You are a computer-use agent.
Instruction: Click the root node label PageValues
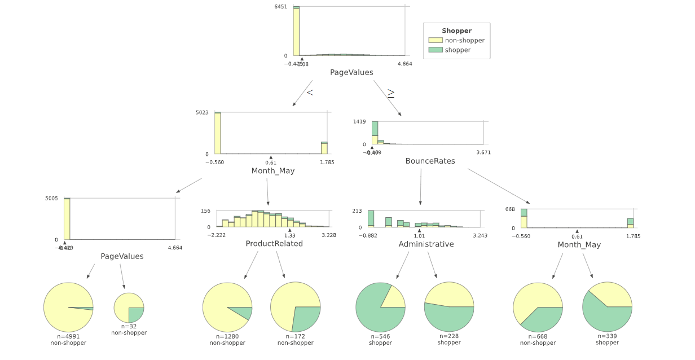351,73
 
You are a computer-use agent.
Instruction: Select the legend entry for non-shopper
464,40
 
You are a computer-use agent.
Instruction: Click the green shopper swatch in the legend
436,50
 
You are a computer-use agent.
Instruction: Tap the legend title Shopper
456,31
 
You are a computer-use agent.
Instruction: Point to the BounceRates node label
430,161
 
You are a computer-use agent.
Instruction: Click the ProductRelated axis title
274,244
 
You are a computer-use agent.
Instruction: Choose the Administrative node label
426,244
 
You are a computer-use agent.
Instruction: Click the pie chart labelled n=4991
68,307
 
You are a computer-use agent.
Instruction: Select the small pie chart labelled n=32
129,308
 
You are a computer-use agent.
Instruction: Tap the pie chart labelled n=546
380,307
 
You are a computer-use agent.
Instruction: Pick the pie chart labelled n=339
607,307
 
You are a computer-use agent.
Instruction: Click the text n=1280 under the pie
227,336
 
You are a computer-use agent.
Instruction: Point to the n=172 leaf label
295,336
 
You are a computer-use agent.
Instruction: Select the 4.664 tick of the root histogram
404,64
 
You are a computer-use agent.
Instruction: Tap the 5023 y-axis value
202,112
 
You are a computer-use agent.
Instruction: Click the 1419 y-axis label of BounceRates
359,121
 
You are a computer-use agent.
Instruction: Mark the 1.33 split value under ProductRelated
289,235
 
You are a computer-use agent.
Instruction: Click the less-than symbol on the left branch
310,93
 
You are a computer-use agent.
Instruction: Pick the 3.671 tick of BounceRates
483,152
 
